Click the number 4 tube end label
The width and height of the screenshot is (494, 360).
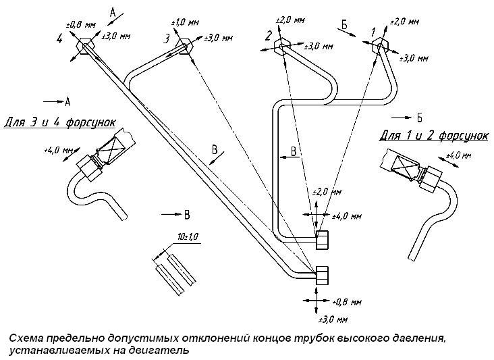point(61,39)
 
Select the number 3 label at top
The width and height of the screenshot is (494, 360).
point(166,39)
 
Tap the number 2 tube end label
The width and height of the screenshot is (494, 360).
point(268,35)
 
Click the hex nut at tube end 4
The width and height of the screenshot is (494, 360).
point(86,46)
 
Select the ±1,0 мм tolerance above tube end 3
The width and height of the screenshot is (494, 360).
point(186,23)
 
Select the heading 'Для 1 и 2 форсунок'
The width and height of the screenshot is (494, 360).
point(433,136)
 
